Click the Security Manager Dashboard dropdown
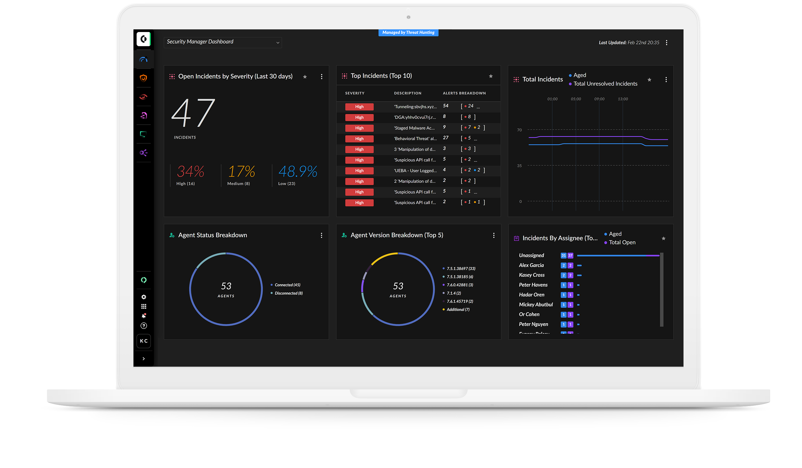pos(223,42)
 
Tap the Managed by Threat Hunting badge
pos(408,32)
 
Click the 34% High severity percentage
pos(190,172)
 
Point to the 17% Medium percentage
pos(241,172)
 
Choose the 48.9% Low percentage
pos(298,172)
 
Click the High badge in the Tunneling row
pos(359,107)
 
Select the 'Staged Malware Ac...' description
pos(414,128)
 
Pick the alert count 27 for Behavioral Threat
pos(446,138)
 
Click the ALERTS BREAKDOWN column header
pos(464,93)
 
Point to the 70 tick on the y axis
pos(519,130)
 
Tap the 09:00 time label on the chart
pos(599,99)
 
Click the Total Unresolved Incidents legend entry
pos(605,84)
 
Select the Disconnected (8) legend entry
pos(288,293)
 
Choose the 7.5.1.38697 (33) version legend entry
pos(461,269)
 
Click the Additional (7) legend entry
pos(458,310)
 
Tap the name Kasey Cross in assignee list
pos(532,275)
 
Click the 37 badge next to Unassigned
pos(570,256)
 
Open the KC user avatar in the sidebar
pos(143,341)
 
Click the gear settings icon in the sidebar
pos(144,297)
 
